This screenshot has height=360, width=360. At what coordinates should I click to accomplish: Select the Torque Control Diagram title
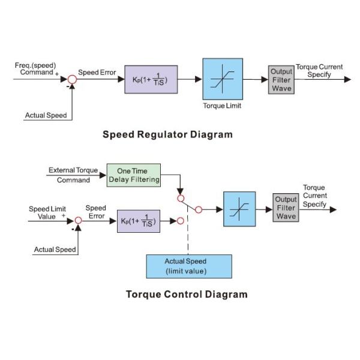tap(187, 295)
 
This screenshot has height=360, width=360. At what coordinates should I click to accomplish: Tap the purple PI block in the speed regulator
tap(151, 79)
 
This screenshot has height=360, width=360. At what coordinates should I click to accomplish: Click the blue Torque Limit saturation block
tap(223, 79)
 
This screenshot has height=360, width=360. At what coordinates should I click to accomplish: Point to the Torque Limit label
tap(223, 106)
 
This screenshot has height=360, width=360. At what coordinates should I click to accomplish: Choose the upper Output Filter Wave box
tap(280, 80)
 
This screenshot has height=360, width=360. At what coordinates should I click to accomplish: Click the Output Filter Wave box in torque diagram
tap(286, 208)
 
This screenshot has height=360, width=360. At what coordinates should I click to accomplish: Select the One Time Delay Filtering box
tap(134, 175)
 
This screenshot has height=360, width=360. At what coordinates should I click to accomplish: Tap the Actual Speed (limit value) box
tap(189, 266)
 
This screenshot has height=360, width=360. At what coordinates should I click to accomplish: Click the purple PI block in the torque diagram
tap(139, 221)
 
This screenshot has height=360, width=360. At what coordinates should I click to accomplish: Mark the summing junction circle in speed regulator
tap(72, 79)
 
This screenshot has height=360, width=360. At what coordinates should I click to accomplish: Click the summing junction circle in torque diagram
tap(78, 221)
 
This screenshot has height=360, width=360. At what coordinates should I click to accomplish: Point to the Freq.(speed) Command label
tap(35, 68)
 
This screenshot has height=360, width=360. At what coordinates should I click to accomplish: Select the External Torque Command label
tap(73, 175)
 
